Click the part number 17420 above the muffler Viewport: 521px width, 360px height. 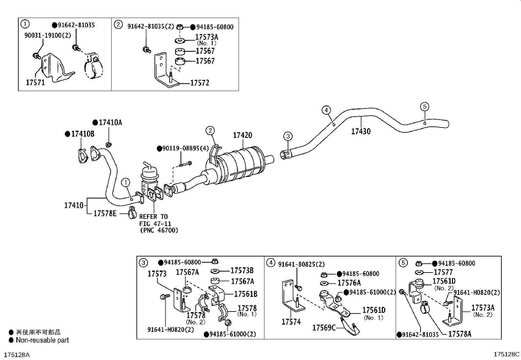pyautogui.click(x=243, y=135)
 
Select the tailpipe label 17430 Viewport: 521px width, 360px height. pyautogui.click(x=361, y=132)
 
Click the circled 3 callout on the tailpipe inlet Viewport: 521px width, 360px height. pyautogui.click(x=287, y=136)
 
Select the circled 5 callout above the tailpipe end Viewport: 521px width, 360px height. pyautogui.click(x=424, y=106)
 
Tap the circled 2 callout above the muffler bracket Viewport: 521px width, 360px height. pyautogui.click(x=210, y=131)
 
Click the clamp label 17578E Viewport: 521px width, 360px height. pyautogui.click(x=105, y=214)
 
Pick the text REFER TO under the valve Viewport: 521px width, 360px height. pyautogui.click(x=153, y=217)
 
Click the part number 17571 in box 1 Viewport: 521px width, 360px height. pyautogui.click(x=35, y=83)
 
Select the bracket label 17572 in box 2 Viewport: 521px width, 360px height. pyautogui.click(x=200, y=83)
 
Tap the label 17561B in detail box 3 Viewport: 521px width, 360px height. pyautogui.click(x=245, y=294)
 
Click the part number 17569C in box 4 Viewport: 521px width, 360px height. pyautogui.click(x=324, y=328)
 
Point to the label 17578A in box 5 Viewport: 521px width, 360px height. pyautogui.click(x=459, y=334)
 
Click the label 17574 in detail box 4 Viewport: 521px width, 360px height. pyautogui.click(x=291, y=322)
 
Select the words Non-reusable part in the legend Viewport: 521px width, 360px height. pyautogui.click(x=43, y=340)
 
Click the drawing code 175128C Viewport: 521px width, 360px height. pyautogui.click(x=506, y=354)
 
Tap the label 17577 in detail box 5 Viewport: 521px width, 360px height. pyautogui.click(x=443, y=272)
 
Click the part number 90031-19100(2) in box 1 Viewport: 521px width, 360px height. pyautogui.click(x=47, y=35)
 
